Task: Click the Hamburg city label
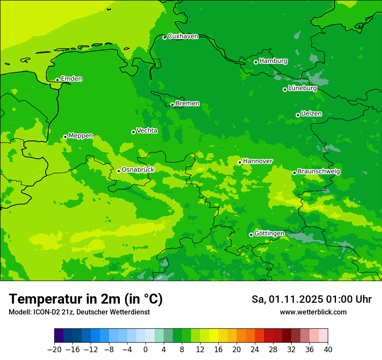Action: point(273,61)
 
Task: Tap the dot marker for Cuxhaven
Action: point(165,37)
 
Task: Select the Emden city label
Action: point(71,79)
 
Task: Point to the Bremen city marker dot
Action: point(172,105)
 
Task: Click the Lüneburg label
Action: point(303,88)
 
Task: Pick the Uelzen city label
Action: point(311,114)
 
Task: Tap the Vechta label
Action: point(147,131)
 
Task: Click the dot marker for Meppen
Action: point(65,137)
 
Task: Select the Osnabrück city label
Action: point(138,170)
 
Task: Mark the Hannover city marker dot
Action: point(240,162)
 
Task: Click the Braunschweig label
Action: point(319,172)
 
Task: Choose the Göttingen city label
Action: point(269,234)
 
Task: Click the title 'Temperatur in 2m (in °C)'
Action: point(86,299)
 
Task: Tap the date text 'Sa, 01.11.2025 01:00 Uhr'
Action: point(311,299)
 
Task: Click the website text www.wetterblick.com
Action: point(313,312)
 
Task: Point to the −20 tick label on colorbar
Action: point(54,350)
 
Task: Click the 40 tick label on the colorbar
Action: point(328,350)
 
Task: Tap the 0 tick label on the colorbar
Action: point(145,350)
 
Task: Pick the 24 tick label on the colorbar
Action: point(255,350)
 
